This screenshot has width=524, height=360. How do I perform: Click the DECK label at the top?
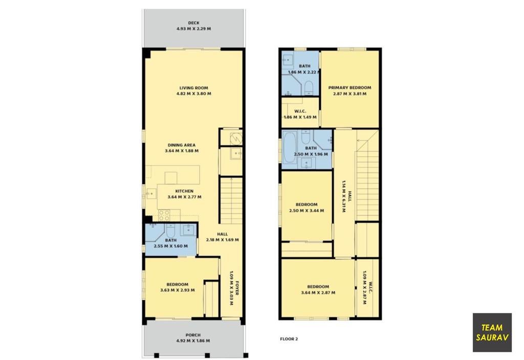[193, 22]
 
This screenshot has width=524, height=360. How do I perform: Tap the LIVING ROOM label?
[194, 88]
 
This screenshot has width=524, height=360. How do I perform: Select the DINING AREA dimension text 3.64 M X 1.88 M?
[182, 151]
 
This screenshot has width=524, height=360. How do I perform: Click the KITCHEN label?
[184, 191]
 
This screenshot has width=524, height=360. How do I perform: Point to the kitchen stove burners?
[164, 215]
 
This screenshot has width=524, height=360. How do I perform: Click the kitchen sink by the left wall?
[151, 193]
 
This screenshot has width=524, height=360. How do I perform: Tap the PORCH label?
[193, 335]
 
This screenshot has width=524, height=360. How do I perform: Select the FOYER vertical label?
[237, 288]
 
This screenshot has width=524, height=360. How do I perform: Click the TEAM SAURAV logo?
[492, 332]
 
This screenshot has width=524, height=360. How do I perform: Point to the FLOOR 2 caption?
[289, 339]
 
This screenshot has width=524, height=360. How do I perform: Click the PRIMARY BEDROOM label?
[350, 88]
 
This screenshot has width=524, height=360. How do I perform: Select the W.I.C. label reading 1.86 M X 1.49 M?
[300, 114]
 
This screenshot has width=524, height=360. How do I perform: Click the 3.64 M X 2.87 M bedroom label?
[318, 289]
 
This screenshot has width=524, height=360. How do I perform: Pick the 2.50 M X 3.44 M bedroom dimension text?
[307, 211]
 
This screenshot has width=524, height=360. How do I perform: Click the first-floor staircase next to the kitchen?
[231, 200]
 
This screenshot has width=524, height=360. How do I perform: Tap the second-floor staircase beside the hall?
[367, 175]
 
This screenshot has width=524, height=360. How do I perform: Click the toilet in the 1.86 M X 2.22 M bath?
[309, 87]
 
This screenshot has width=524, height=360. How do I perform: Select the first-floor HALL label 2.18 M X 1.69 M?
[223, 237]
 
